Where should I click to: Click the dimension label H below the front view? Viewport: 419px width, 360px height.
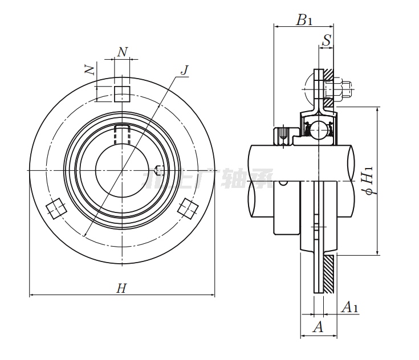tap(121, 288)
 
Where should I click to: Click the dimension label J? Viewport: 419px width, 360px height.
tap(184, 70)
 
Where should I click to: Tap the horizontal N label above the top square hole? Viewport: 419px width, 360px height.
tap(122, 52)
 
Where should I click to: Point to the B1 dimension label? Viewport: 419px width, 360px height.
tap(304, 21)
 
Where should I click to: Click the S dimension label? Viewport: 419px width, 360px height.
tap(327, 41)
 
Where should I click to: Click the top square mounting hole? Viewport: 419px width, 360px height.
tap(122, 93)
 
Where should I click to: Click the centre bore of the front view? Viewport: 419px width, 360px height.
tap(121, 170)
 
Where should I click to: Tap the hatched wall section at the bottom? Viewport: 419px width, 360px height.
tap(329, 274)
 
